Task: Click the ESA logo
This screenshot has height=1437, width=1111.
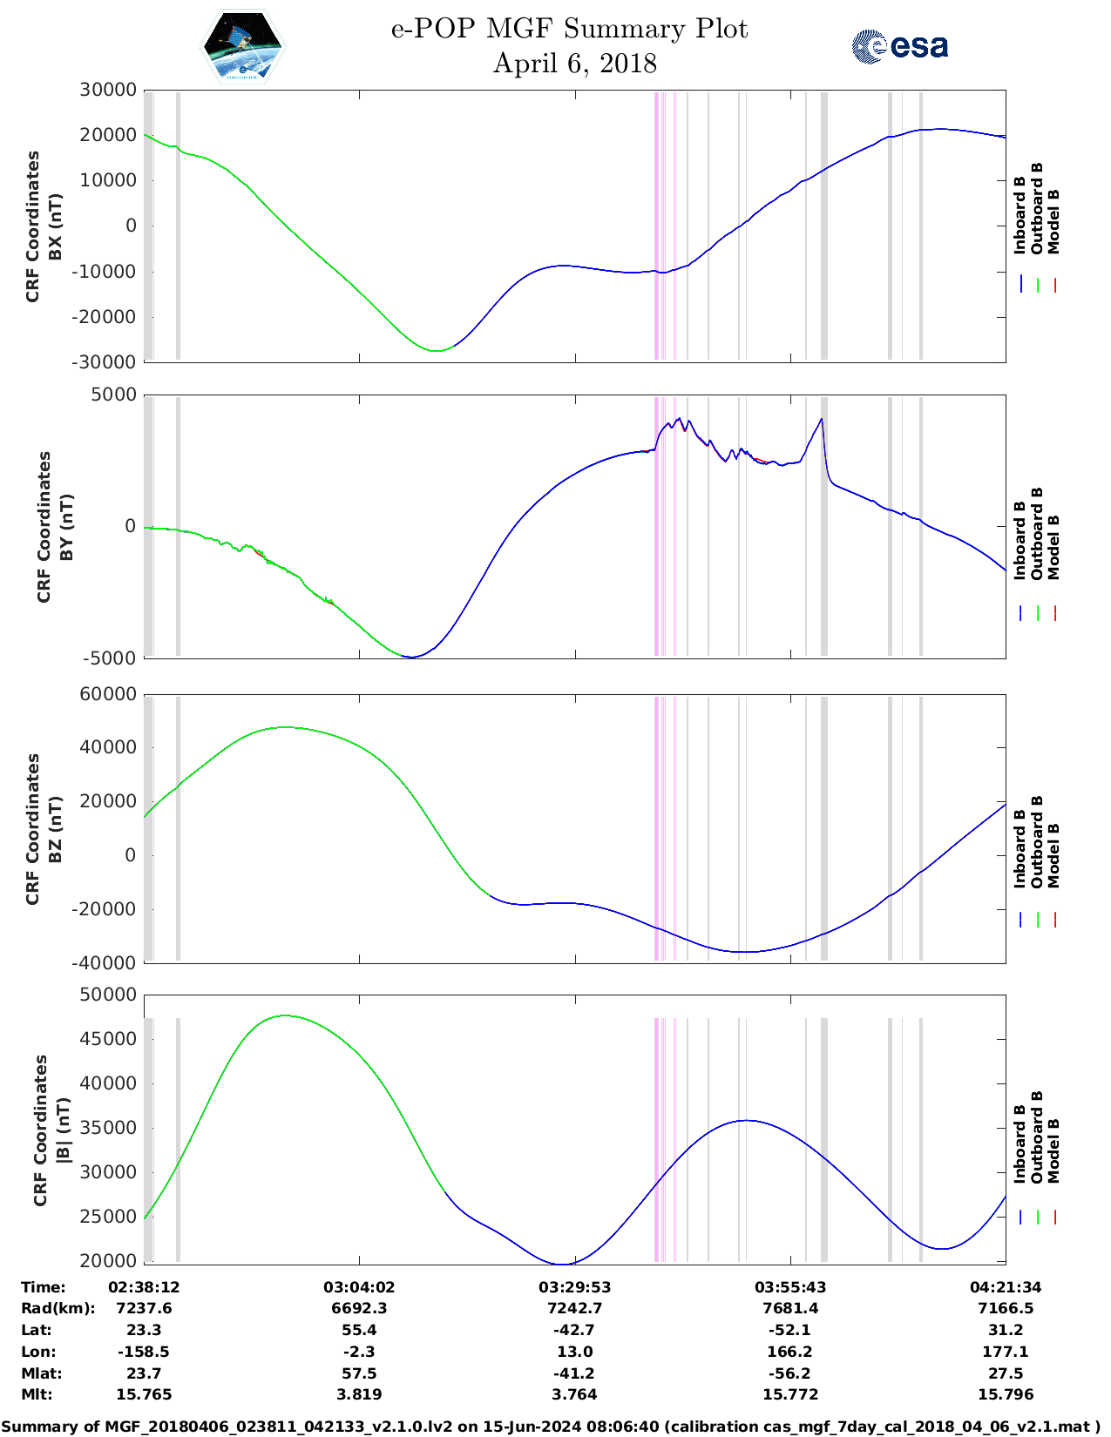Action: (x=900, y=46)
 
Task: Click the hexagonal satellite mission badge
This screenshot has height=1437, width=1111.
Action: (x=242, y=46)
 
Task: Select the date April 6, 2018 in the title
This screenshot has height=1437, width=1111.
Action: (x=574, y=64)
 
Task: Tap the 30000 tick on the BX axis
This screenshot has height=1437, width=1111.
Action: (x=108, y=90)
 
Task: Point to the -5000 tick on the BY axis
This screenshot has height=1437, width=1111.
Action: (x=110, y=658)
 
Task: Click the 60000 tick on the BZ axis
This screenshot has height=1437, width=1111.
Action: (x=108, y=694)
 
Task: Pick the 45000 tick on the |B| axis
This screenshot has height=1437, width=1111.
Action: (x=108, y=1039)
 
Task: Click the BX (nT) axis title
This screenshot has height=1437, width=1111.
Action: (x=56, y=226)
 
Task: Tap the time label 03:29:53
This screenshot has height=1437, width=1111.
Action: (x=574, y=1287)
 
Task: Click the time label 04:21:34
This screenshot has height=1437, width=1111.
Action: (x=1006, y=1287)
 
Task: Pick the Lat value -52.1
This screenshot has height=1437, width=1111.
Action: (x=790, y=1330)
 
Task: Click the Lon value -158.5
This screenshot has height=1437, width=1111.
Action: (x=144, y=1352)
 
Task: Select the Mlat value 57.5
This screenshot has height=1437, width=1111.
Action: (x=359, y=1373)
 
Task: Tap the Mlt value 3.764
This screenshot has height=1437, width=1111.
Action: (x=574, y=1394)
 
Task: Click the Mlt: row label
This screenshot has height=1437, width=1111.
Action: (x=37, y=1394)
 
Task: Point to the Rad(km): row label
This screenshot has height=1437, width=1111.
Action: (x=58, y=1308)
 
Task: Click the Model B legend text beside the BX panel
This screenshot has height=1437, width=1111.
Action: (x=1053, y=222)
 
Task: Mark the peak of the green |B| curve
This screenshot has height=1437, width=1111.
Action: (x=285, y=1015)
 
